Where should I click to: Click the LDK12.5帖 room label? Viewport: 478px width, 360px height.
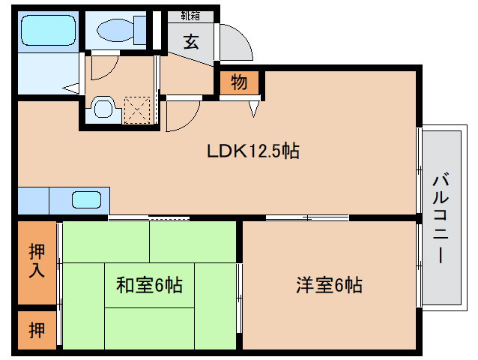click(x=253, y=151)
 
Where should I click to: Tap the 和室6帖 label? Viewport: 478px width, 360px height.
click(x=150, y=285)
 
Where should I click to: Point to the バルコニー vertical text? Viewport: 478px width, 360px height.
click(x=440, y=217)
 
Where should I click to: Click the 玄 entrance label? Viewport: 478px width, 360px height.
click(x=191, y=41)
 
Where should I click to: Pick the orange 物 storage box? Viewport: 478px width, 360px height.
click(x=239, y=82)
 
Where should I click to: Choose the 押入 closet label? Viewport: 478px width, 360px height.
click(x=36, y=261)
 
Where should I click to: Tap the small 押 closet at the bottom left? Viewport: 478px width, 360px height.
click(x=36, y=330)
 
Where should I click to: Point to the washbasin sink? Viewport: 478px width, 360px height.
click(x=101, y=109)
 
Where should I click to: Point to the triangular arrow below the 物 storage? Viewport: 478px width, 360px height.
click(x=253, y=109)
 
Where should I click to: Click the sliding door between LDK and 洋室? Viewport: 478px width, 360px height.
click(x=307, y=218)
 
